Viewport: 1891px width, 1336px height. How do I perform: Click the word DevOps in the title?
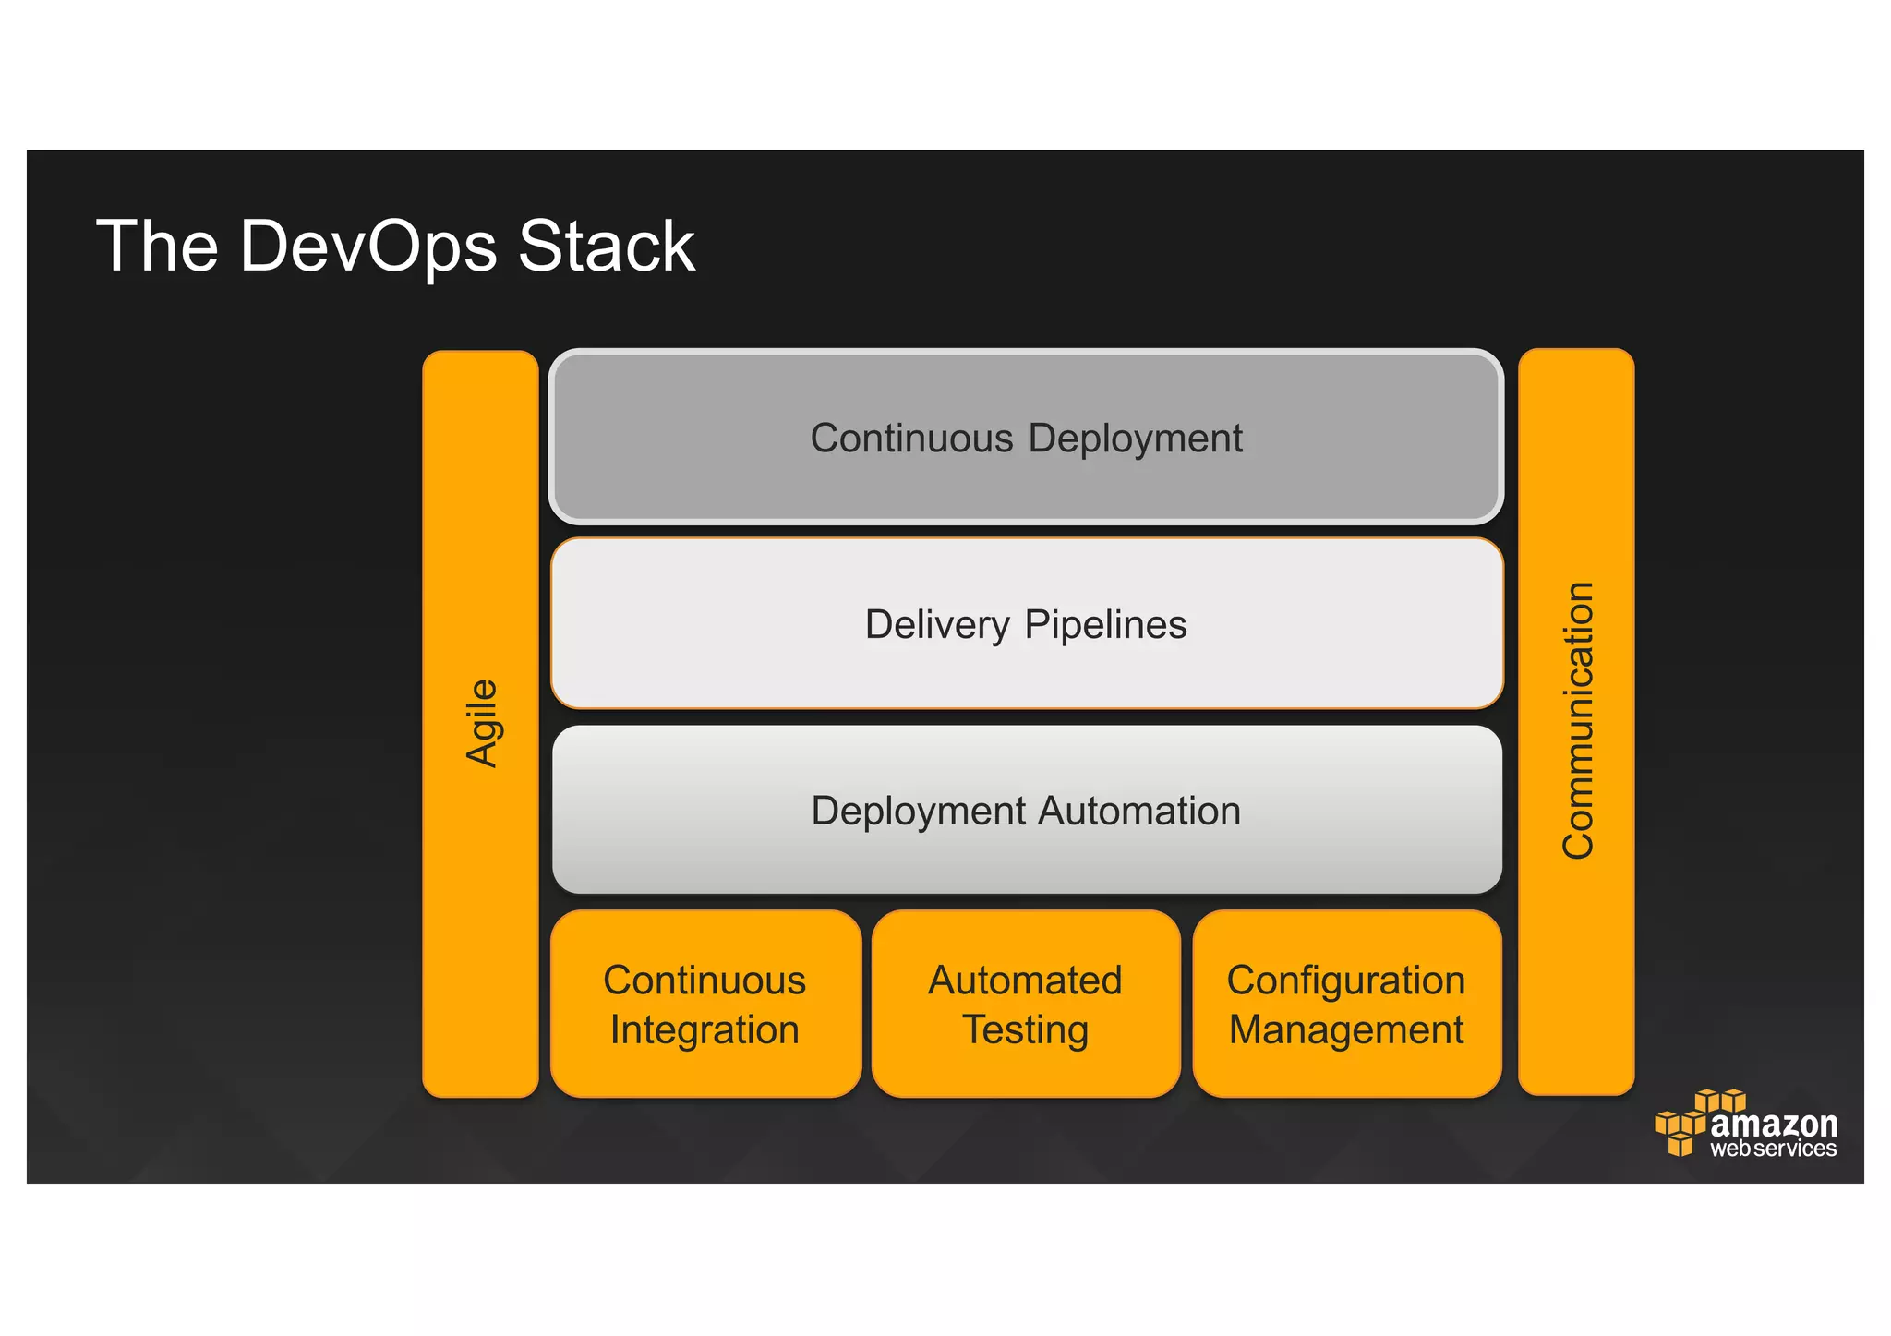367,247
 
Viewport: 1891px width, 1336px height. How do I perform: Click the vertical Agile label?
482,723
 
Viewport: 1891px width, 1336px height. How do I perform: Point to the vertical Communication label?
1577,721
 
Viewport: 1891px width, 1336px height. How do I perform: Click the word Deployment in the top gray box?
1135,439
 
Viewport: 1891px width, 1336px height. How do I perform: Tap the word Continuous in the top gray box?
911,439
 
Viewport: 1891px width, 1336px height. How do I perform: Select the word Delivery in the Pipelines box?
937,625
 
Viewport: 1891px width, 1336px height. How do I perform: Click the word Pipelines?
1105,625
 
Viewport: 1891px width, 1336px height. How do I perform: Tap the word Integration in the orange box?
705,1029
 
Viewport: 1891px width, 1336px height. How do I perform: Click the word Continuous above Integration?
705,981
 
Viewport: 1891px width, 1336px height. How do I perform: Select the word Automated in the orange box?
1025,981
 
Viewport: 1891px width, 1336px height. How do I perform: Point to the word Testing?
1025,1029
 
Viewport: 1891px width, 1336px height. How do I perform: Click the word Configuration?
1345,981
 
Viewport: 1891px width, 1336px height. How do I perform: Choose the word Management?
1345,1029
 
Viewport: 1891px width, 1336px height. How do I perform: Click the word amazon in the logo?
1774,1124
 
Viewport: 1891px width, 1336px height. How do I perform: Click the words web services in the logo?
1773,1149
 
